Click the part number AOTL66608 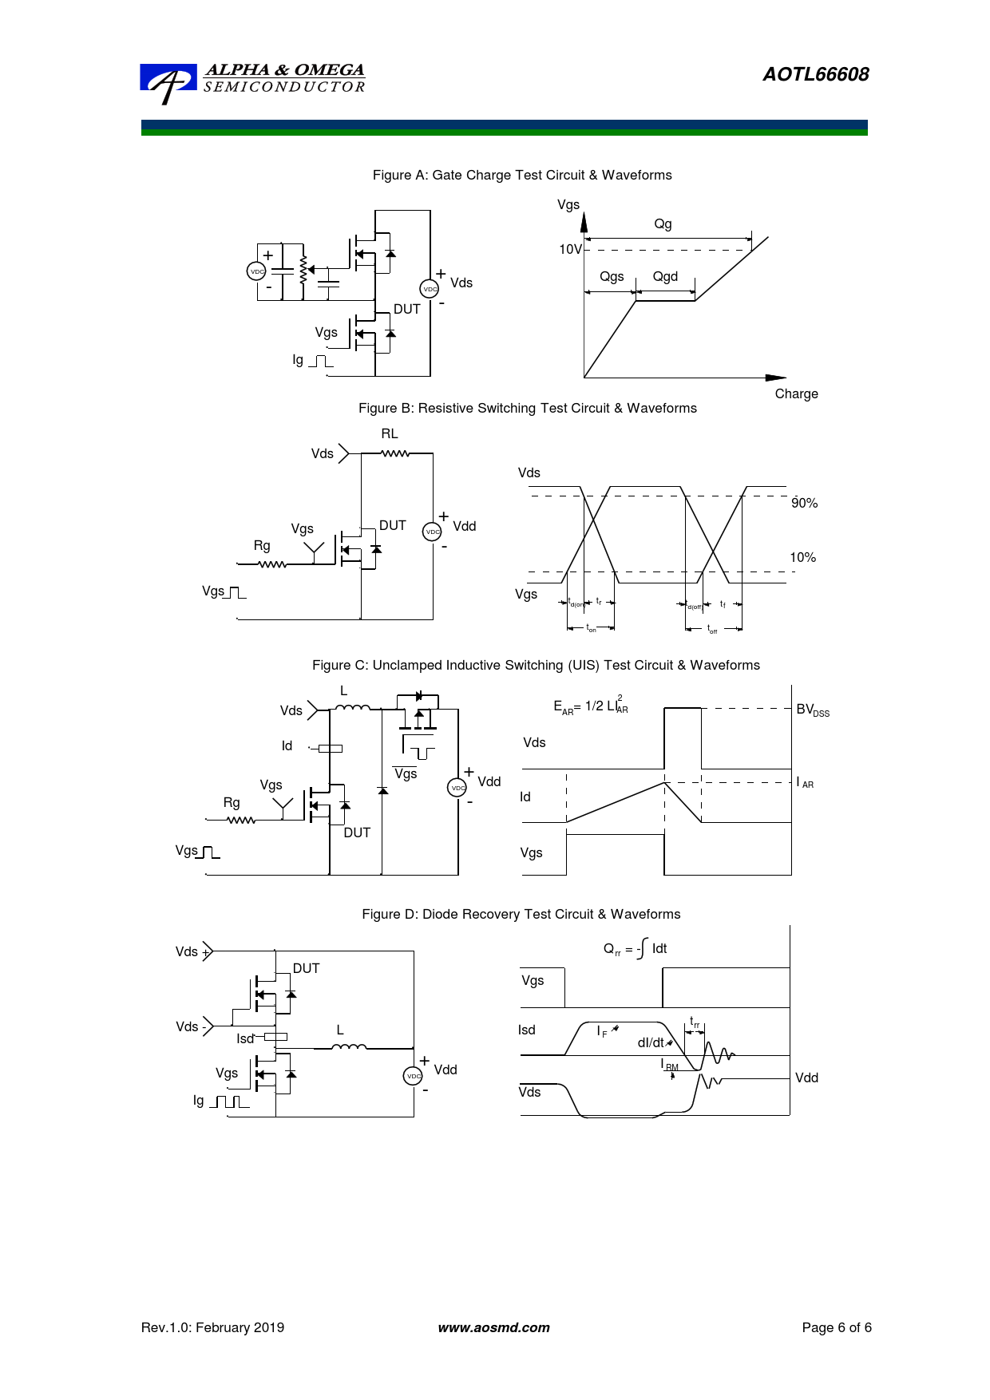815,74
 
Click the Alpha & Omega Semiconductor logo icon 168,82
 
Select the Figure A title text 522,175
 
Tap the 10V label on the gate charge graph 570,249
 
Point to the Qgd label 665,276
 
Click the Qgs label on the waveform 612,276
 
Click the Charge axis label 796,394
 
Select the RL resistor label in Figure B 390,433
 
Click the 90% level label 804,503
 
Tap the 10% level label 802,557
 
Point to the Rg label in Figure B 262,545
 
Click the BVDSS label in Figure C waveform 813,710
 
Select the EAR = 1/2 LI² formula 591,706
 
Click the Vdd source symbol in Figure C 457,788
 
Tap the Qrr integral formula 635,948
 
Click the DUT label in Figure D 306,968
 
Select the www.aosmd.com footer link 493,1327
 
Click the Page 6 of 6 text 837,1327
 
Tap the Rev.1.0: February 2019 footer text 212,1327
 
